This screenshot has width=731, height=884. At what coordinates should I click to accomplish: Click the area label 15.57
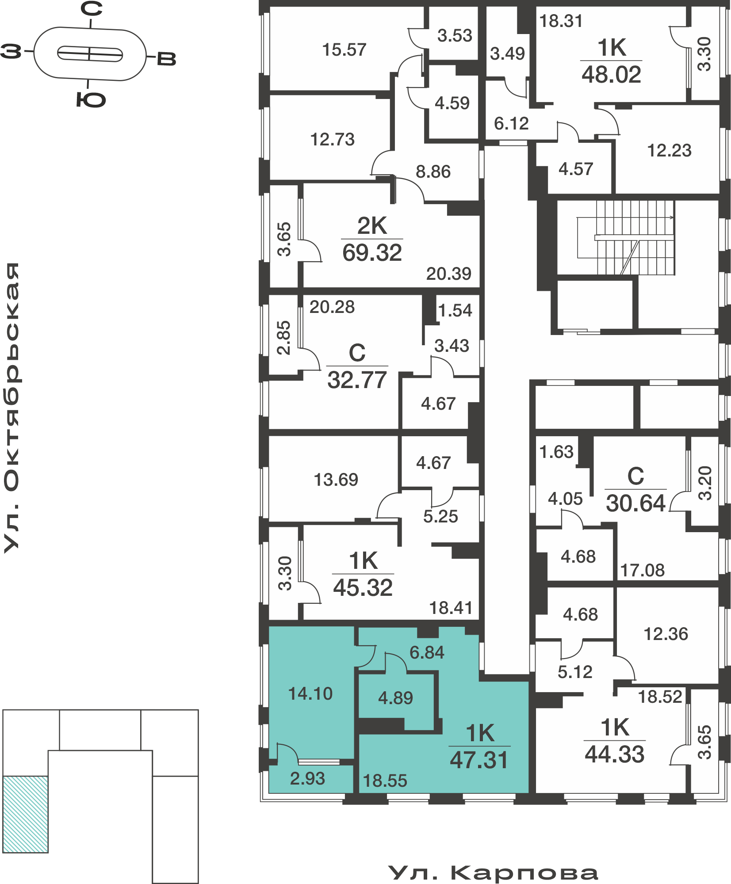tap(344, 50)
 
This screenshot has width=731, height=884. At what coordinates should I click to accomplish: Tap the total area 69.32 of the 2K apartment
tap(372, 253)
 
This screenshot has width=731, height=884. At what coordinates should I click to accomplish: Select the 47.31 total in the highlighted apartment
tap(479, 760)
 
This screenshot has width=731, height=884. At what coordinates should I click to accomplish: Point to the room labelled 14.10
tap(310, 693)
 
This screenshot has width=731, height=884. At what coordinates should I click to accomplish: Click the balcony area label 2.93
tap(307, 778)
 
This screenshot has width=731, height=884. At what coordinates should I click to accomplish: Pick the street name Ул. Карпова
tap(493, 873)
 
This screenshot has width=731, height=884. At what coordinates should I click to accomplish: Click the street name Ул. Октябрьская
tap(12, 408)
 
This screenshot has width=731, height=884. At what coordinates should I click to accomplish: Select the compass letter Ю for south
tap(91, 100)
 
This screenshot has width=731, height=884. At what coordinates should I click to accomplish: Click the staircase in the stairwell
tap(626, 238)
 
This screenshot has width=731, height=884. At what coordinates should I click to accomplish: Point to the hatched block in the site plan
tap(26, 814)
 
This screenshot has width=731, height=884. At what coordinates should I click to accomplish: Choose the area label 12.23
tap(669, 151)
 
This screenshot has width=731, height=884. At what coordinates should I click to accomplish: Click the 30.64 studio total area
tap(635, 503)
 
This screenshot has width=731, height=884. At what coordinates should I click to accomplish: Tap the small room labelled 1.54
tap(455, 310)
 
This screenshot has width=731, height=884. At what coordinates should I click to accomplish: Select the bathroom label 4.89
tap(395, 698)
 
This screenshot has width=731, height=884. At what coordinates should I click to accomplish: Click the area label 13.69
tap(336, 480)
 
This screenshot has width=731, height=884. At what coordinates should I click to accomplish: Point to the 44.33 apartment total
tap(614, 754)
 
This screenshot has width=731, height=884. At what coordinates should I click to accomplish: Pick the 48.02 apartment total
tap(611, 74)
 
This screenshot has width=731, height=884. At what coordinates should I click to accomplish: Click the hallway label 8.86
tap(433, 171)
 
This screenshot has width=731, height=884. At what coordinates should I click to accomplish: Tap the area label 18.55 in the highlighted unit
tap(385, 781)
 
